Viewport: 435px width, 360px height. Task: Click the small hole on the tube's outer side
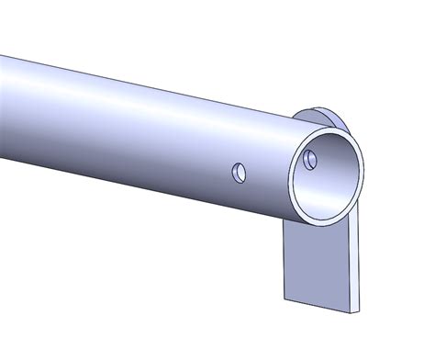tap(239, 172)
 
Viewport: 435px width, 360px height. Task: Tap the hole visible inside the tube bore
tap(310, 159)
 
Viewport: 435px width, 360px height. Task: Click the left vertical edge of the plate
tap(284, 262)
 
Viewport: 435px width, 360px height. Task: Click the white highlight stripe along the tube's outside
tap(138, 101)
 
